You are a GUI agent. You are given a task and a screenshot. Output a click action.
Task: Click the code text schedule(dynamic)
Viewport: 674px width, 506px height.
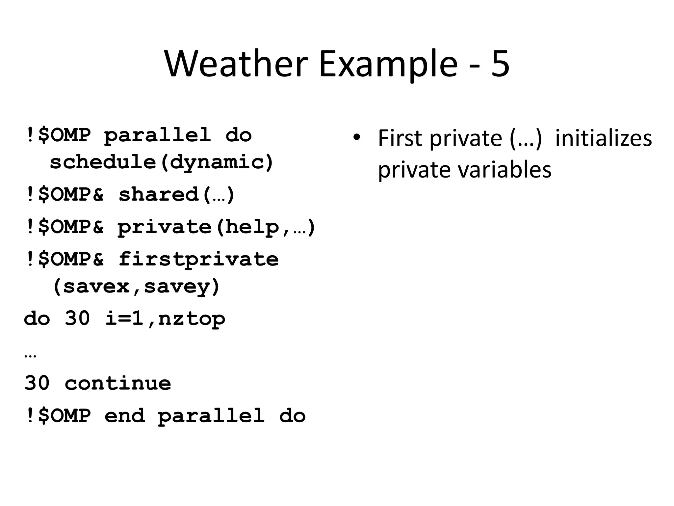click(x=162, y=162)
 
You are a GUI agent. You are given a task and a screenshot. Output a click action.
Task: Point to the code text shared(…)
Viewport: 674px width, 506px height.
click(x=176, y=194)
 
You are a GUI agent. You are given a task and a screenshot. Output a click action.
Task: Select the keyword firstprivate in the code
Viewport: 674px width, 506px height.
click(x=198, y=259)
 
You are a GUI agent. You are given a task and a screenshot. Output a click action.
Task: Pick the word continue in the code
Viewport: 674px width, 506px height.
click(x=118, y=383)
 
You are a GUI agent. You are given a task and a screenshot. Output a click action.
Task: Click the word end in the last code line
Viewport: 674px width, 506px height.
click(x=125, y=415)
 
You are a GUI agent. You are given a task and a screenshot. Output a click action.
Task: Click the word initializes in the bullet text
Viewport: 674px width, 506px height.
click(x=603, y=138)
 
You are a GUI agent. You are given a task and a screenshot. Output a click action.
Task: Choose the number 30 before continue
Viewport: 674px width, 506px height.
click(x=37, y=383)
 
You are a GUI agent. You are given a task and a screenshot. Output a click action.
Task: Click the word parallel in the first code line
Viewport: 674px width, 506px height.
click(x=158, y=135)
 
